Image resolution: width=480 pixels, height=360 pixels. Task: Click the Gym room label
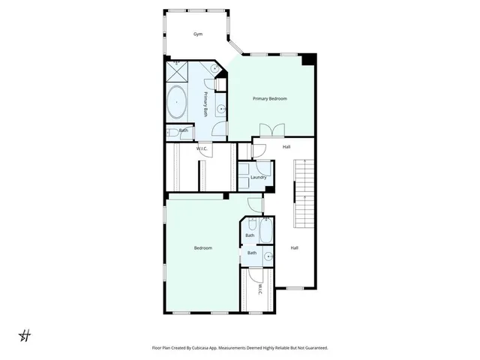click(x=198, y=34)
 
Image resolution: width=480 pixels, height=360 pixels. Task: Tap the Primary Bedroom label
click(x=269, y=98)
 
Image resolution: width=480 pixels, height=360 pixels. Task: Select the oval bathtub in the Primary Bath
click(x=177, y=102)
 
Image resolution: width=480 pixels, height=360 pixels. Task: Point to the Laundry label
click(x=259, y=177)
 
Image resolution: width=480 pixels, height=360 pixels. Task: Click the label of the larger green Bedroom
click(x=202, y=248)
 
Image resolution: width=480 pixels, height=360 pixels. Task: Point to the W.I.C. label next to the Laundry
click(x=202, y=148)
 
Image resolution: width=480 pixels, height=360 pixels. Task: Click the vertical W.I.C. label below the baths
click(x=259, y=289)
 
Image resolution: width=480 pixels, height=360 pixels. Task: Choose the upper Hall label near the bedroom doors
click(x=286, y=147)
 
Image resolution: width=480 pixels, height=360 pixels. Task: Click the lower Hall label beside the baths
click(x=294, y=248)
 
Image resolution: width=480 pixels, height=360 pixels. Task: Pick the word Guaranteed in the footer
click(x=314, y=348)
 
